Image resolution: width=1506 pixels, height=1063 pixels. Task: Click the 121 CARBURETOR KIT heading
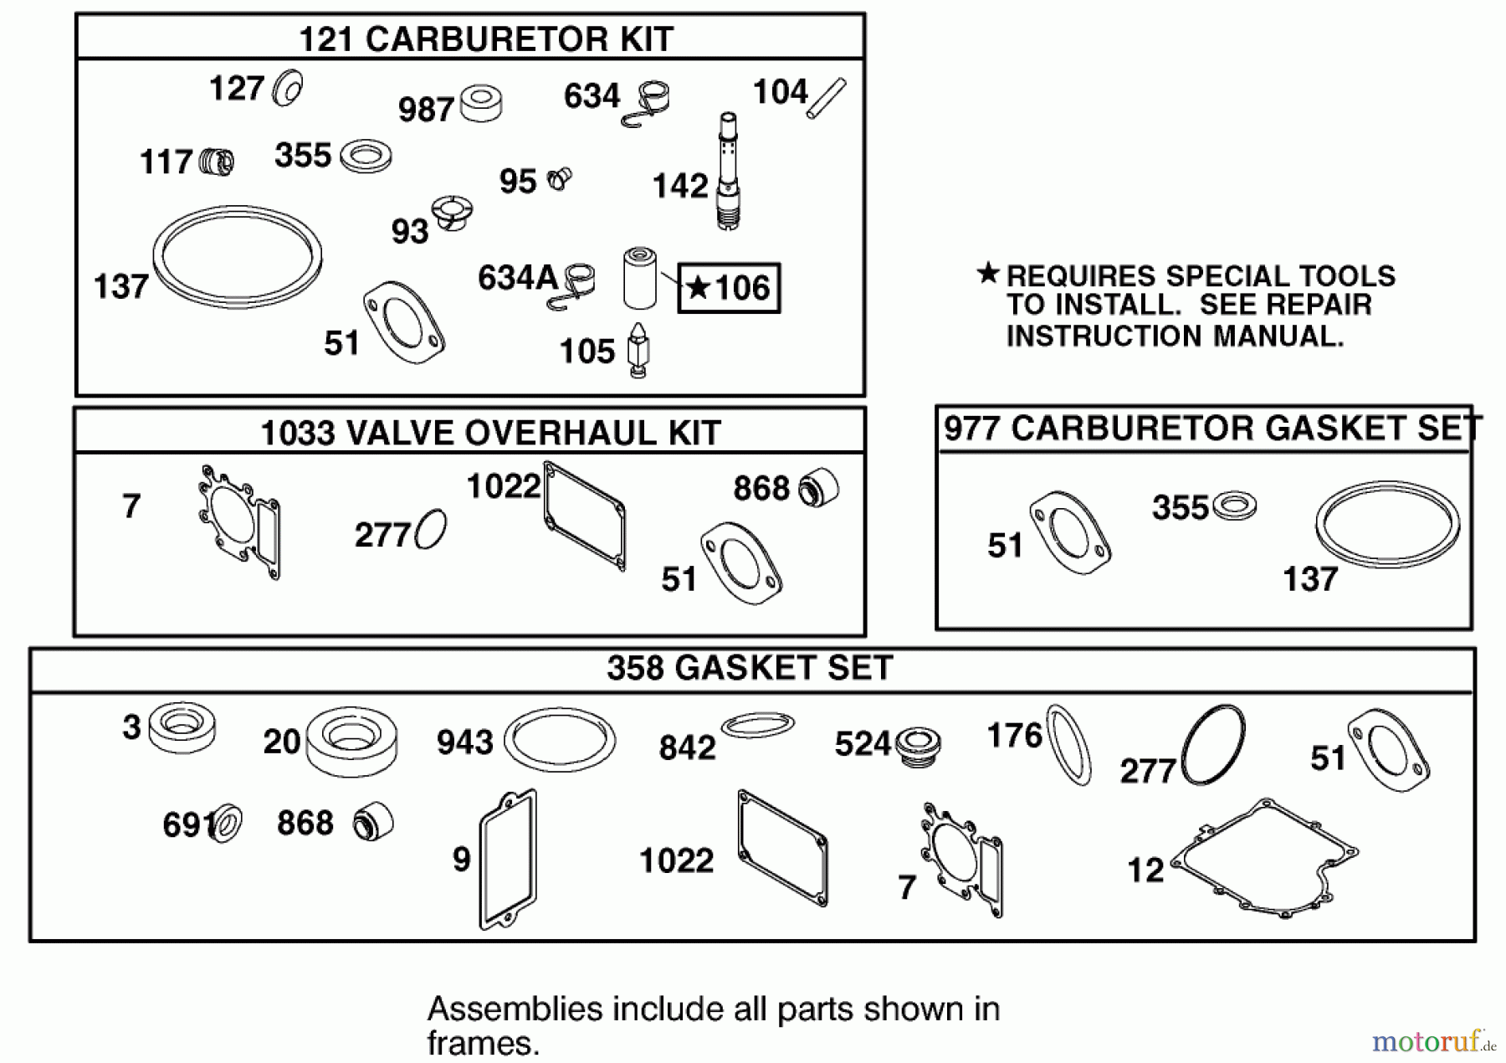pyautogui.click(x=485, y=39)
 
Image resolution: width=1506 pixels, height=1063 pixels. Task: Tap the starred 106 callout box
pyautogui.click(x=729, y=288)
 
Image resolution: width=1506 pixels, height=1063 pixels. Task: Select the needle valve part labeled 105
pyautogui.click(x=638, y=351)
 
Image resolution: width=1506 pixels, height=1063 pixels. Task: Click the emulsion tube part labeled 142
pyautogui.click(x=728, y=172)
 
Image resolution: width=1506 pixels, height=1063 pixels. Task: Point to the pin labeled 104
pyautogui.click(x=827, y=98)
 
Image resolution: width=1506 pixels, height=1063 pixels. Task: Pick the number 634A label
pyautogui.click(x=517, y=278)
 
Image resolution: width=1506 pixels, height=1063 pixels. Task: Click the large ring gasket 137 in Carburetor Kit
pyautogui.click(x=238, y=256)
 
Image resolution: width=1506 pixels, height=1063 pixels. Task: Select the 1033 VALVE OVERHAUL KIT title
pyautogui.click(x=490, y=433)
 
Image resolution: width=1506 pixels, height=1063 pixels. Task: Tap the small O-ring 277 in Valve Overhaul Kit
pyautogui.click(x=430, y=529)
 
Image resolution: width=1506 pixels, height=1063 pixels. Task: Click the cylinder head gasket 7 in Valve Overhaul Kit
pyautogui.click(x=240, y=522)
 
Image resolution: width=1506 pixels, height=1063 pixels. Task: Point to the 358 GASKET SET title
pyautogui.click(x=750, y=668)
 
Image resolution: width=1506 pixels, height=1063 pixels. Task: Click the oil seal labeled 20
pyautogui.click(x=351, y=741)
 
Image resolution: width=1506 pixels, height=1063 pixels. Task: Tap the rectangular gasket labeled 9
pyautogui.click(x=508, y=859)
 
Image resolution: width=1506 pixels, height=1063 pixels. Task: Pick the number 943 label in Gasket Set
pyautogui.click(x=464, y=742)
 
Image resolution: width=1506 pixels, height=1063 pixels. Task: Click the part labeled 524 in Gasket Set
pyautogui.click(x=918, y=742)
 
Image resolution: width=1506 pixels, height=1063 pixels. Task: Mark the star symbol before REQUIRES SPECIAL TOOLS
pyautogui.click(x=988, y=273)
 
